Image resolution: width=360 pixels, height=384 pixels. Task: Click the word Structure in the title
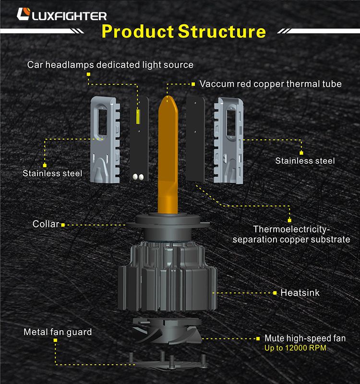(x=221, y=32)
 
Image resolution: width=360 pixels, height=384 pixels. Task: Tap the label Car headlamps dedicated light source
(x=110, y=64)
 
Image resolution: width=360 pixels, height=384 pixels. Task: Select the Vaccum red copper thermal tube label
(x=270, y=84)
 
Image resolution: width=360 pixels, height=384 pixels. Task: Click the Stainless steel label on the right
(x=305, y=160)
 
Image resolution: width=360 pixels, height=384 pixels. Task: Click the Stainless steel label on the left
(x=52, y=173)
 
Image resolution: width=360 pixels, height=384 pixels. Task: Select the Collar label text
(x=46, y=224)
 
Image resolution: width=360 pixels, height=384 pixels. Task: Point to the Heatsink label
(x=300, y=292)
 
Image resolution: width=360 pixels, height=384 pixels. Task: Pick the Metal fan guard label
(x=58, y=332)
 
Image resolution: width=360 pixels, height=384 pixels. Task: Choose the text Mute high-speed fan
(x=305, y=338)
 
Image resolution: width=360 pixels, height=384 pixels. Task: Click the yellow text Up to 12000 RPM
(x=295, y=348)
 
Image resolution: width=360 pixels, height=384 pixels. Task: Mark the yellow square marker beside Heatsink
(x=275, y=292)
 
